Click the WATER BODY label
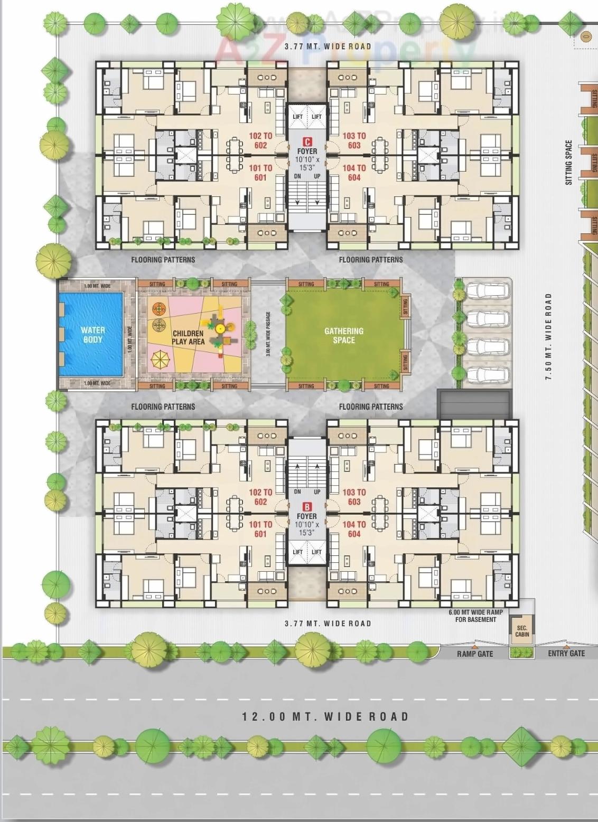[x=93, y=335]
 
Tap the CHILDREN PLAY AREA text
[x=188, y=337]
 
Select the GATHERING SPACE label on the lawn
[x=344, y=335]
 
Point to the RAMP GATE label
[x=475, y=654]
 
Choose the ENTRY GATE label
[x=566, y=653]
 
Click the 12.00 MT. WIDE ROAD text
[x=325, y=716]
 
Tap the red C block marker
[x=306, y=141]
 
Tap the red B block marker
[x=306, y=507]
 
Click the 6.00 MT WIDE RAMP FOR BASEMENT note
[x=475, y=616]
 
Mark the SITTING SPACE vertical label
[x=568, y=162]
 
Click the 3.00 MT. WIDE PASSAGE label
[x=268, y=334]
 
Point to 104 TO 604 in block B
[x=354, y=529]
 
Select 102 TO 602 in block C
[x=260, y=140]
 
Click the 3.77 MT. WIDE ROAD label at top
[x=328, y=46]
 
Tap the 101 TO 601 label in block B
[x=260, y=529]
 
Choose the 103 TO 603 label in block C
[x=354, y=140]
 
